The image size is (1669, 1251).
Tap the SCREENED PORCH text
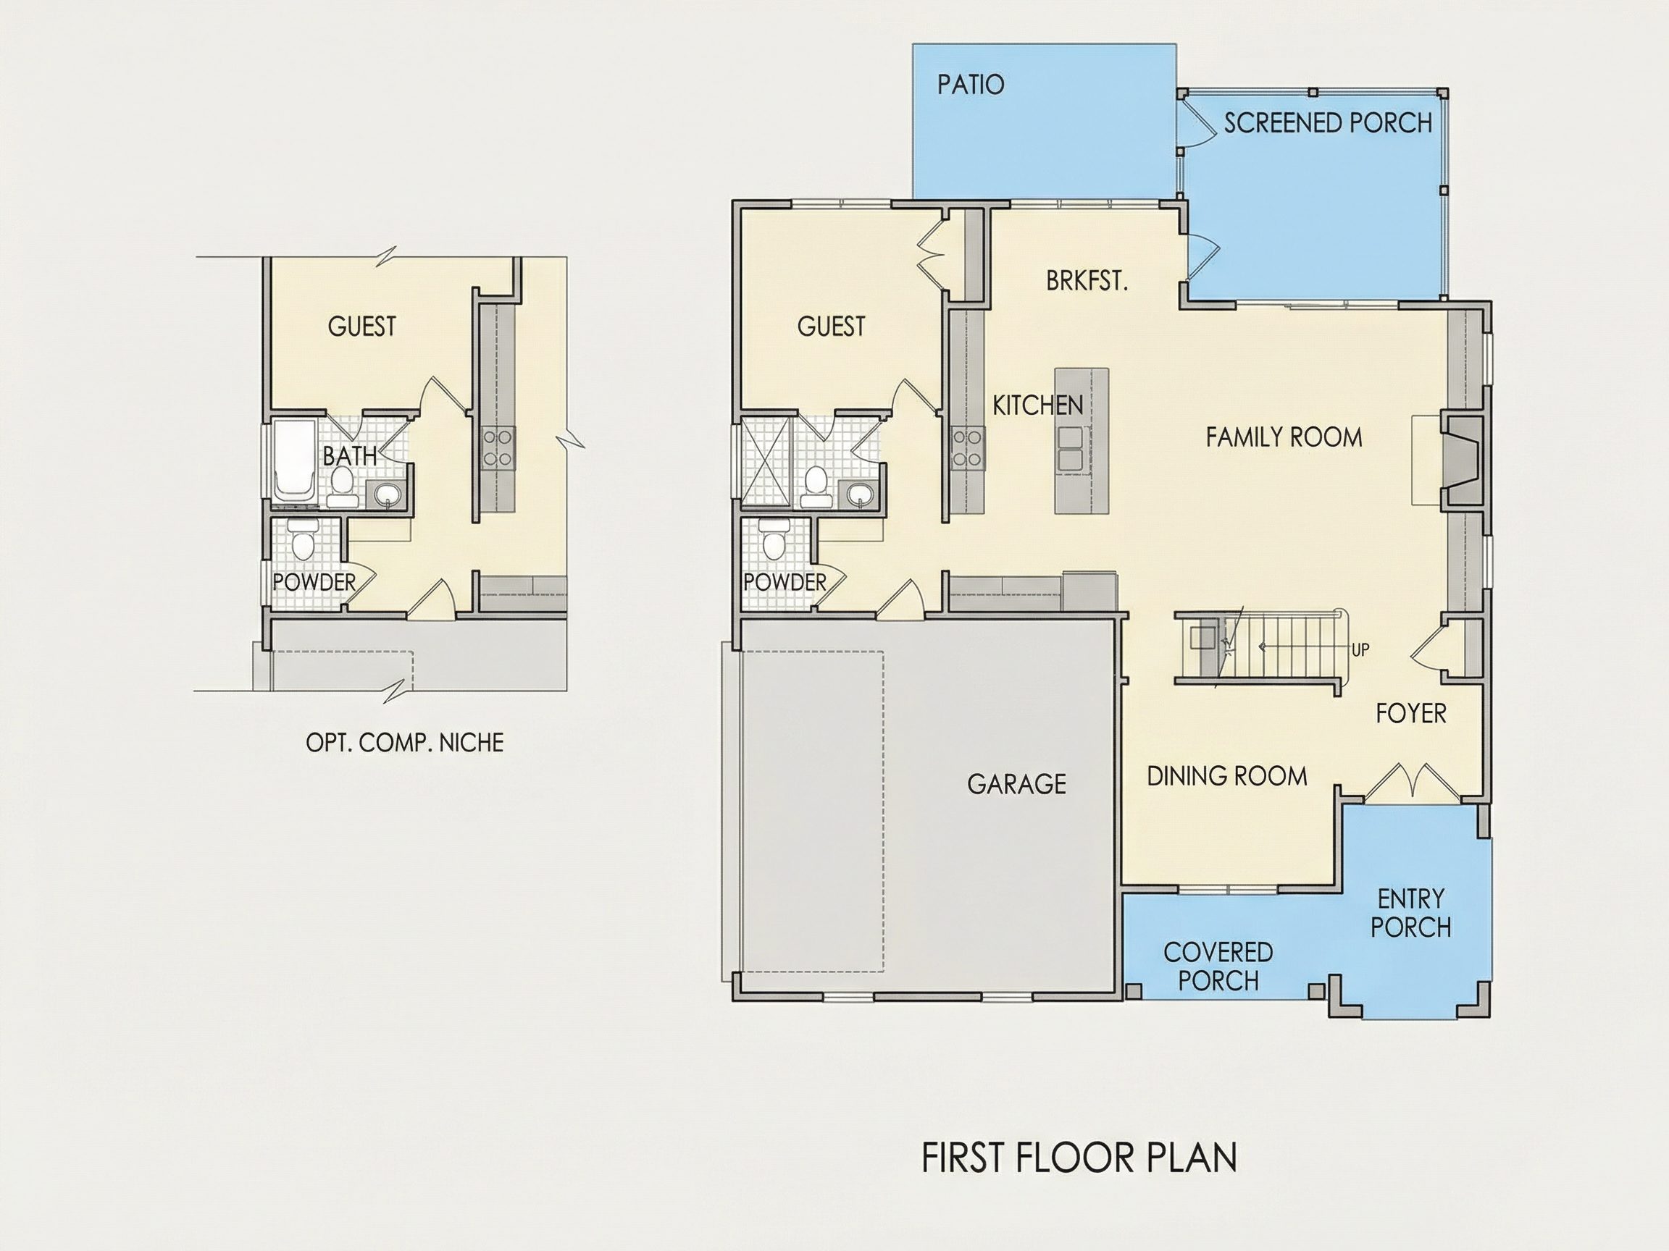point(1327,123)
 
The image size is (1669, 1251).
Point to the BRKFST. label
point(1087,282)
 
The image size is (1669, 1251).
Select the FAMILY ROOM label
point(1284,437)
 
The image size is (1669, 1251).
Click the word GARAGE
point(1016,784)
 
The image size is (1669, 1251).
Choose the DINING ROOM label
point(1227,777)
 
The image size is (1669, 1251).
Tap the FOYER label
point(1410,713)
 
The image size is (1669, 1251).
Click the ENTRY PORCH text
point(1410,913)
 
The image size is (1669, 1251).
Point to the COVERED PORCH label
point(1218,966)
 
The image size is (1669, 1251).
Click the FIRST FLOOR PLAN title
point(1079,1158)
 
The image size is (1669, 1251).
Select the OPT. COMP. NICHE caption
point(404,743)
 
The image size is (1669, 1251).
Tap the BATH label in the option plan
point(349,455)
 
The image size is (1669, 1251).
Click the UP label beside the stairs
point(1360,649)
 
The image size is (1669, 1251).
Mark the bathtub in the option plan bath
point(293,460)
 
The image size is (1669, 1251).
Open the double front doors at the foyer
point(1410,782)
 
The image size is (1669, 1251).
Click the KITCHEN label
point(1037,405)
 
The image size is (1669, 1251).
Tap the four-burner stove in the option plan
point(498,448)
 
